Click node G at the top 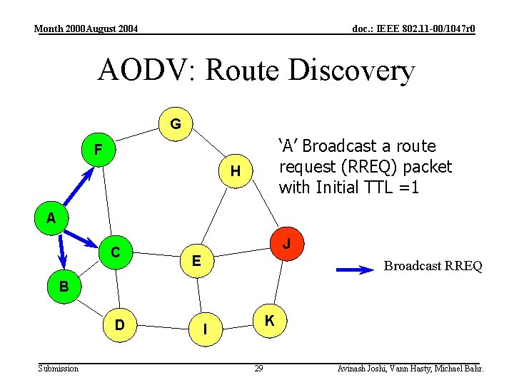[x=175, y=124]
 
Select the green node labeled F [x=99, y=150]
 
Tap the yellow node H [x=234, y=171]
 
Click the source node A [x=51, y=218]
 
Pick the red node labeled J [x=286, y=245]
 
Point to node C [x=114, y=252]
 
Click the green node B [x=64, y=287]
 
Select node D [x=119, y=324]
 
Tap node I [x=205, y=329]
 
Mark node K [x=269, y=321]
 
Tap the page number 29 [x=258, y=368]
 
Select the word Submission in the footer [x=59, y=368]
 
